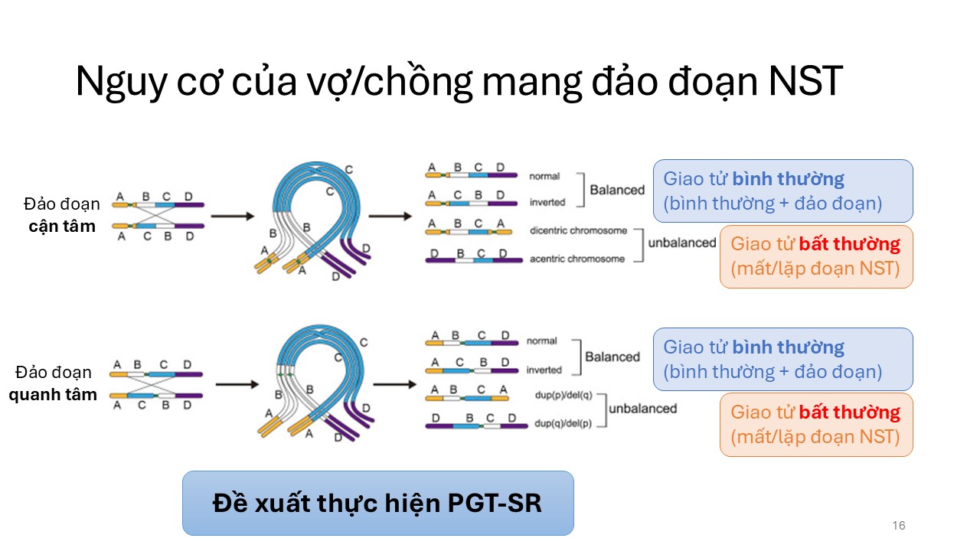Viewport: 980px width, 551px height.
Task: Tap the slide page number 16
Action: (x=899, y=526)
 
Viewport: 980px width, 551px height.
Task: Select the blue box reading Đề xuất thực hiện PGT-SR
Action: (x=377, y=503)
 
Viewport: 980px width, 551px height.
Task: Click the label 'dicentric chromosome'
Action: (x=577, y=230)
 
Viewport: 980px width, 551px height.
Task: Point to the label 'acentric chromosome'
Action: (x=577, y=259)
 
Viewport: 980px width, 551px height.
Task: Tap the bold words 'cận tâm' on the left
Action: (x=62, y=226)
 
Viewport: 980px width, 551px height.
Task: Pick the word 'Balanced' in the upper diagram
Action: (x=616, y=189)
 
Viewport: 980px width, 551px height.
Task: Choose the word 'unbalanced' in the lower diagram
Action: (x=642, y=409)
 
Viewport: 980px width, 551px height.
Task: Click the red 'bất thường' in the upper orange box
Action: (x=850, y=245)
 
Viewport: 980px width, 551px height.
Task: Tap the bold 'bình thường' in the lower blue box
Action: (x=788, y=347)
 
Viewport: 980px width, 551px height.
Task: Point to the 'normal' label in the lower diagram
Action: (x=541, y=341)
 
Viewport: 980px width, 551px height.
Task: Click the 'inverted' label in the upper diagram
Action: (x=547, y=203)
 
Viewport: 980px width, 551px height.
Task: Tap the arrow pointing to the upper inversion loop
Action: (x=232, y=217)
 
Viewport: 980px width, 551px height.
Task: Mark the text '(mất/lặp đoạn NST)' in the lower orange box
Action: (x=815, y=438)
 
